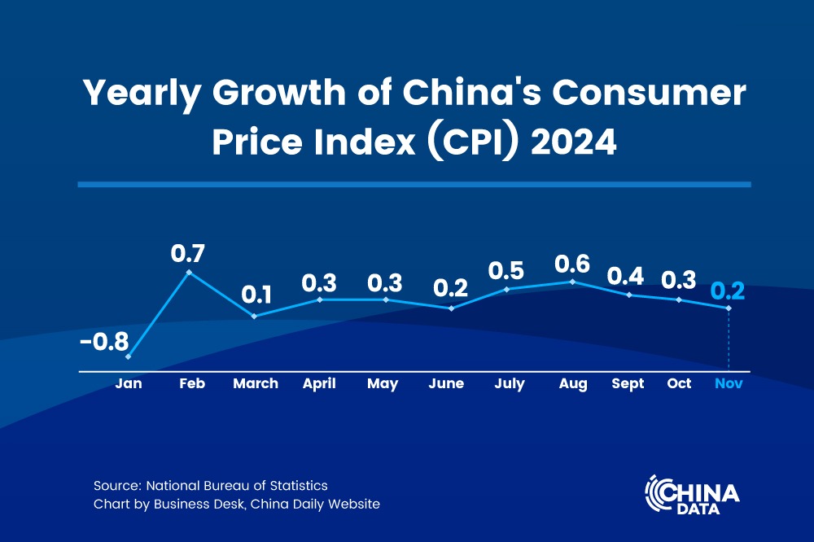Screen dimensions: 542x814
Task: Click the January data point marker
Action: point(129,356)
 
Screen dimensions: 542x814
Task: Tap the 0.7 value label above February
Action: point(187,253)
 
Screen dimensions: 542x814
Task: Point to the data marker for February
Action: point(190,272)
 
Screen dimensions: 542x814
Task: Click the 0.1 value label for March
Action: point(255,294)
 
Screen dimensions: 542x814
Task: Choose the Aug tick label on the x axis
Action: point(573,384)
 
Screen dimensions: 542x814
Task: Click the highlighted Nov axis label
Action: point(728,384)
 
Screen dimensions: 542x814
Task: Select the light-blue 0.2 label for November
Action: point(728,291)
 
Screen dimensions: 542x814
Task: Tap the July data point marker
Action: point(507,289)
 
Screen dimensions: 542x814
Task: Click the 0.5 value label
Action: point(505,270)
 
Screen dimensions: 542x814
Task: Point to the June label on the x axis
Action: point(446,384)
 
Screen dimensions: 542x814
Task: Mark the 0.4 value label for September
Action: point(626,276)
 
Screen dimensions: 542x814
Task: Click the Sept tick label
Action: point(628,384)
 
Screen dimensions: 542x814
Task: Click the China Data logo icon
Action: point(659,493)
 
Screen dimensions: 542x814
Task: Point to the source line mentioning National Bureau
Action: point(211,486)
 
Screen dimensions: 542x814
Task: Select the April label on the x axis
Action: point(319,384)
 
